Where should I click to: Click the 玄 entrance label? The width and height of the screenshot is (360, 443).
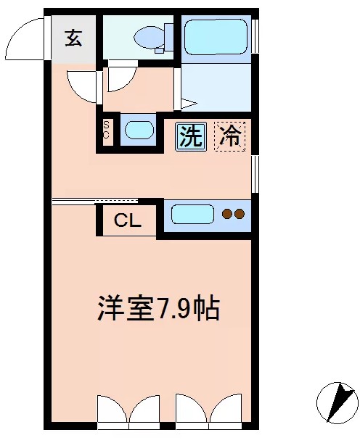[x=73, y=38]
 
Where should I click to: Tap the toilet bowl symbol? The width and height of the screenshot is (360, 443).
[x=152, y=36]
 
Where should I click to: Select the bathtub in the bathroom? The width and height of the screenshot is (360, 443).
[x=216, y=37]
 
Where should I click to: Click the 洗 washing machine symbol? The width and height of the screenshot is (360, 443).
[x=191, y=136]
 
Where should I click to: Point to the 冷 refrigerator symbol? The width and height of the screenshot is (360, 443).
[x=230, y=136]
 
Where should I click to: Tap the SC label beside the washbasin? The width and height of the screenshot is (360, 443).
[x=106, y=130]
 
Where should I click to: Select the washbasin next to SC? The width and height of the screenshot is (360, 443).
[x=138, y=131]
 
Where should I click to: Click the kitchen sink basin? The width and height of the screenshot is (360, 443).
[x=192, y=214]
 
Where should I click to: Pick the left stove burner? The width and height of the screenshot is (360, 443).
[x=227, y=214]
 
